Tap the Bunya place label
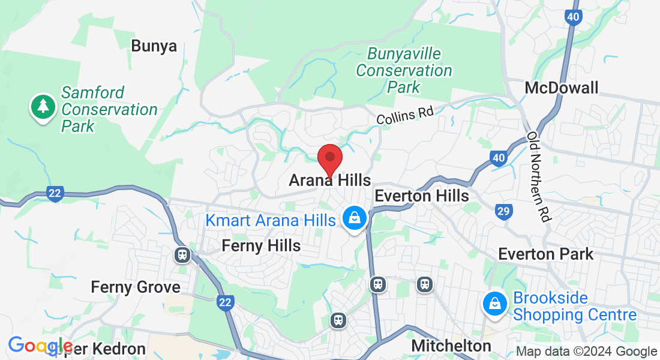pos(154,46)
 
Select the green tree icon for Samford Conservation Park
pos(43,107)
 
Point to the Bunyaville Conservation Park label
pos(404,70)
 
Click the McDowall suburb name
pos(561,88)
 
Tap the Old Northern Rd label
pos(539,177)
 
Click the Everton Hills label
pos(421,196)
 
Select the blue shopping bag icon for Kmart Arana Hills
pos(355,218)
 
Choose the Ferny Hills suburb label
pos(261,245)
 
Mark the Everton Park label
pos(546,254)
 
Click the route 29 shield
pos(503,211)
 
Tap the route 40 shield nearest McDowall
pos(573,17)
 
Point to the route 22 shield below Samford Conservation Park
pos(55,193)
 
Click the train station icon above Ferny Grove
pos(182,255)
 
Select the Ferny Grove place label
pos(136,287)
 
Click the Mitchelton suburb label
pos(451,346)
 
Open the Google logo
pos(40,346)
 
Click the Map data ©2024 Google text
pos(586,352)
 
